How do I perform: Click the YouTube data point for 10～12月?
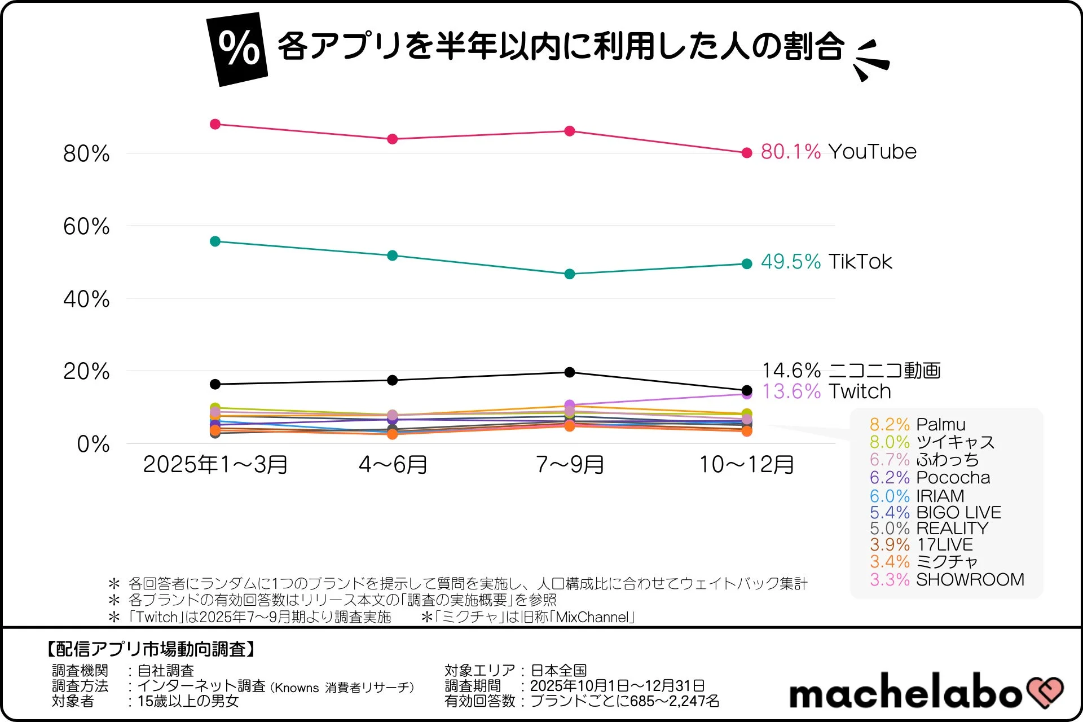pyautogui.click(x=747, y=153)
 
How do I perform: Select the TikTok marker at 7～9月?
pyautogui.click(x=570, y=274)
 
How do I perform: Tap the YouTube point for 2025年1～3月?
pyautogui.click(x=215, y=124)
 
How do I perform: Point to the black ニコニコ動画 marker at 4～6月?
pyautogui.click(x=393, y=380)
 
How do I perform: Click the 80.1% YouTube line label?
pyautogui.click(x=838, y=152)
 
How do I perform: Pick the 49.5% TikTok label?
pyautogui.click(x=826, y=262)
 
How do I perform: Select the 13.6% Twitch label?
pyautogui.click(x=826, y=391)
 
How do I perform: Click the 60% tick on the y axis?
pyautogui.click(x=86, y=227)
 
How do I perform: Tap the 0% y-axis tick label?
pyautogui.click(x=93, y=444)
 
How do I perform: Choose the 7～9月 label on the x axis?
pyautogui.click(x=570, y=465)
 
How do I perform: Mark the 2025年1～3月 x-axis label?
pyautogui.click(x=215, y=465)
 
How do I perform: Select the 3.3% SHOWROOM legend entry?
pyautogui.click(x=946, y=579)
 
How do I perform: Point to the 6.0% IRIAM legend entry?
pyautogui.click(x=917, y=496)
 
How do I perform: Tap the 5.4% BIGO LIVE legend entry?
pyautogui.click(x=935, y=512)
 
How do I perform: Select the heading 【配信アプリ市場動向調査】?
pyautogui.click(x=151, y=649)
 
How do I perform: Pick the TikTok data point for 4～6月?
pyautogui.click(x=393, y=256)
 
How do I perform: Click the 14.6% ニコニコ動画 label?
pyautogui.click(x=851, y=371)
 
